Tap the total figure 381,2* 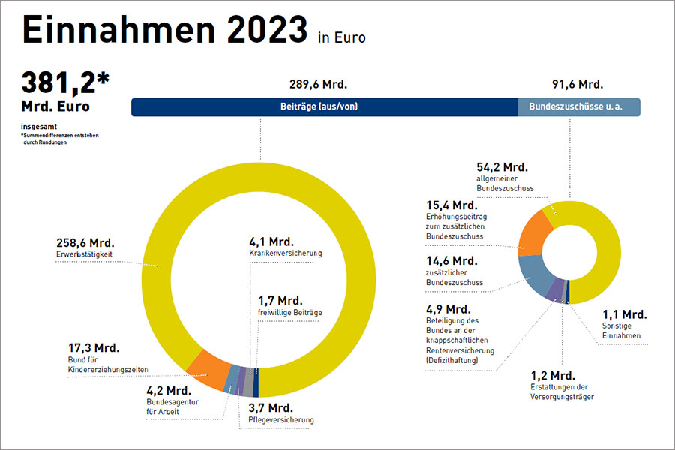coord(64,81)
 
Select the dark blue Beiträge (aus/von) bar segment coord(324,106)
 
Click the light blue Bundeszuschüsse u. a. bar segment coord(579,106)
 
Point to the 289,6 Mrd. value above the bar coord(318,84)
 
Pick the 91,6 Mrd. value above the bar coord(577,84)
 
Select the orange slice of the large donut coord(209,367)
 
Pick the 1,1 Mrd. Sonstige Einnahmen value coord(623,314)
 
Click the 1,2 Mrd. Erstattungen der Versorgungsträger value coord(548,374)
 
